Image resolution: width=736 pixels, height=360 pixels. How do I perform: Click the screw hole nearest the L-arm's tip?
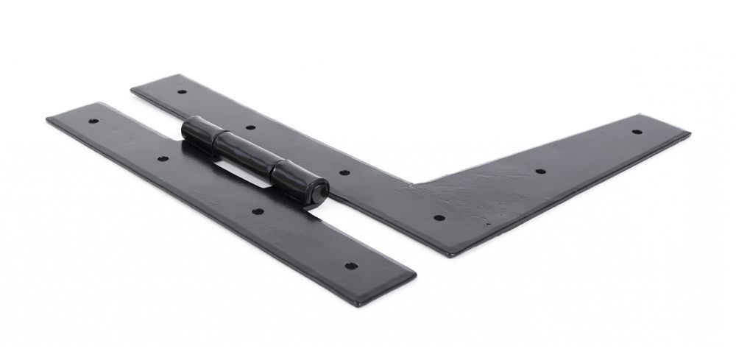click(637, 131)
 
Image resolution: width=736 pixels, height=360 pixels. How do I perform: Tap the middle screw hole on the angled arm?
click(539, 172)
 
